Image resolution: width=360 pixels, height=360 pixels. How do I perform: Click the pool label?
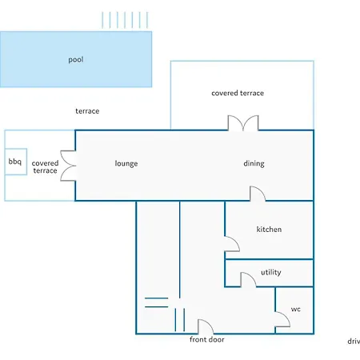[76, 60]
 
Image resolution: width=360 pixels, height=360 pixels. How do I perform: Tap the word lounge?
[126, 163]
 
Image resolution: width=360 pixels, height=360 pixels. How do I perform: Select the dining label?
[254, 163]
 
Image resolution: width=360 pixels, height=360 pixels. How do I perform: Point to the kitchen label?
[269, 230]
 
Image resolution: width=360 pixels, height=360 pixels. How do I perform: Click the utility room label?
[271, 272]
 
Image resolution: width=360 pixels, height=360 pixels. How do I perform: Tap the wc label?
[296, 310]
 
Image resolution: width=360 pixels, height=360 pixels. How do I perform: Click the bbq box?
[16, 162]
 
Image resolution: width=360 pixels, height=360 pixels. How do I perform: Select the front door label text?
[207, 339]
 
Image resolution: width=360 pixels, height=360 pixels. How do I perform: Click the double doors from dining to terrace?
[243, 123]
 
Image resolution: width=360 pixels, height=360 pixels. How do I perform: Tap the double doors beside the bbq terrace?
[68, 166]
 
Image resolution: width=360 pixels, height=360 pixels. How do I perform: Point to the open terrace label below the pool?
[87, 111]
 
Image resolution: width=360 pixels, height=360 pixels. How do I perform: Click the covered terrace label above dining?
[238, 93]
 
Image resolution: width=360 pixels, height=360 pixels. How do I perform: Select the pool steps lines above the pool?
[125, 20]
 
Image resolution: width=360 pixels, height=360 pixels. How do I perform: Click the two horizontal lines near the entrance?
[157, 302]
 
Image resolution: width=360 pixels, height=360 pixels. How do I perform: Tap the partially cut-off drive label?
[354, 342]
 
